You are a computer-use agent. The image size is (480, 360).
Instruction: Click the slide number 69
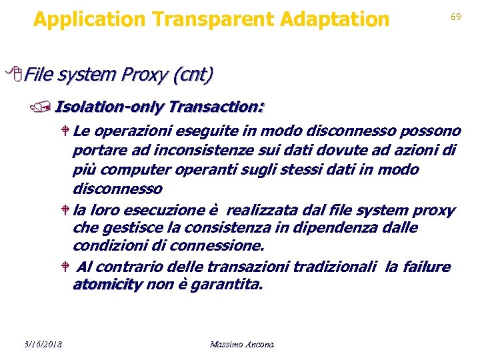(x=456, y=17)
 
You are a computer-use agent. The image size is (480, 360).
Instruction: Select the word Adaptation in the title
(x=335, y=19)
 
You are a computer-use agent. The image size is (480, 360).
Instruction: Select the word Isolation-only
(x=110, y=107)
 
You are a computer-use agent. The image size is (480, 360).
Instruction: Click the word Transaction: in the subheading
(x=217, y=107)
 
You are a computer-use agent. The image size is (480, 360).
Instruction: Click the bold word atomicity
(x=107, y=285)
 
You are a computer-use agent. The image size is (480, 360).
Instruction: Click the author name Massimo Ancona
(x=241, y=344)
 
